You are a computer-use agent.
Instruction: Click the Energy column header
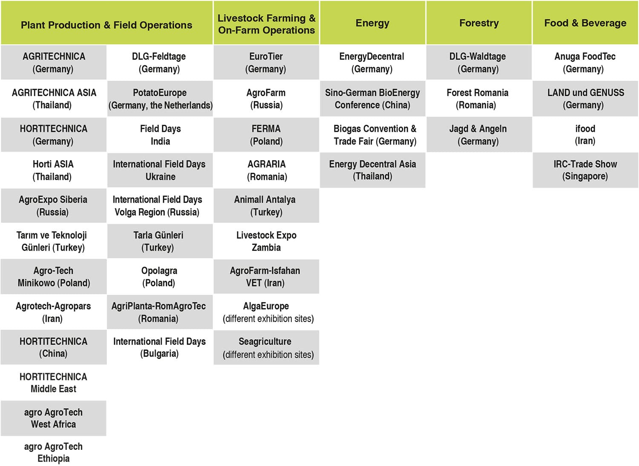click(x=372, y=23)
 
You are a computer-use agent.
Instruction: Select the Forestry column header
click(x=479, y=23)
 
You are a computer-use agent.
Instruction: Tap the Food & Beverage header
click(x=585, y=23)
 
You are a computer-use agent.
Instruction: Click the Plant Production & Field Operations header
click(x=106, y=23)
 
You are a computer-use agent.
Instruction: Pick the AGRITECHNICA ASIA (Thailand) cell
click(x=54, y=99)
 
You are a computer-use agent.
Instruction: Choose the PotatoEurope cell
click(x=160, y=99)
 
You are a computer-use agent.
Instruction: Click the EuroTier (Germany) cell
click(x=266, y=63)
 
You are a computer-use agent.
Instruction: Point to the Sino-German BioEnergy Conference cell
click(x=372, y=99)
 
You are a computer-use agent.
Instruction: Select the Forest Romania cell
click(x=479, y=99)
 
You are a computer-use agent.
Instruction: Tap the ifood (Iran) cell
click(x=585, y=135)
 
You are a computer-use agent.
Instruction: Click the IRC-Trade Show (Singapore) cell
click(x=585, y=170)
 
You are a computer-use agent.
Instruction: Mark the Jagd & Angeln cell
click(x=479, y=135)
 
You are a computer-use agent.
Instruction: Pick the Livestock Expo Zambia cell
click(x=266, y=241)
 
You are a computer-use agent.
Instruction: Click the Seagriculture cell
click(x=266, y=347)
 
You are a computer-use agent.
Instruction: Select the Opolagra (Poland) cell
click(x=160, y=276)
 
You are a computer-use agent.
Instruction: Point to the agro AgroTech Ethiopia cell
click(x=54, y=452)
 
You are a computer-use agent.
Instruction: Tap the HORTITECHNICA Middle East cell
click(x=54, y=383)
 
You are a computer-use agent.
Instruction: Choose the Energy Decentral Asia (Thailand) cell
click(x=372, y=170)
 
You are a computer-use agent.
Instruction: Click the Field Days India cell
click(x=160, y=135)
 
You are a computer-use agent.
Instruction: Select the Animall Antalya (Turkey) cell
click(x=266, y=206)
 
